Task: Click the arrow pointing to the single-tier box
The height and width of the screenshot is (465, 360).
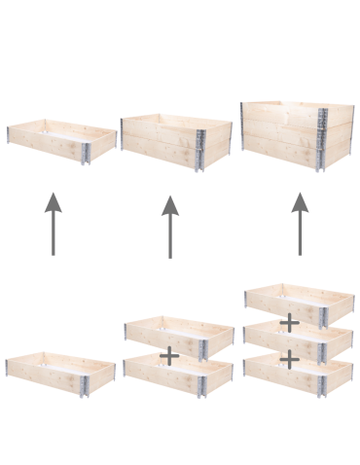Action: (53, 225)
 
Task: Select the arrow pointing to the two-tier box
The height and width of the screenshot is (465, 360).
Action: (170, 227)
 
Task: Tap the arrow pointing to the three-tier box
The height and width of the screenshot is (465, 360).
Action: (299, 224)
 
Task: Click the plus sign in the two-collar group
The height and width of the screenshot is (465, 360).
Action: (168, 355)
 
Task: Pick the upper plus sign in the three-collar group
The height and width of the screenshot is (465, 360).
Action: (289, 322)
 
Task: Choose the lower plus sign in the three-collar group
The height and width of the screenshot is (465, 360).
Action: (289, 358)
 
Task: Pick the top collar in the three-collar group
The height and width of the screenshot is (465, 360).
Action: (298, 302)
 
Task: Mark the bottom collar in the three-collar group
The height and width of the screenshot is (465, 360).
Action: (298, 375)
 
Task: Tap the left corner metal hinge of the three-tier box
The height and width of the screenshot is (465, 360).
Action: (243, 126)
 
